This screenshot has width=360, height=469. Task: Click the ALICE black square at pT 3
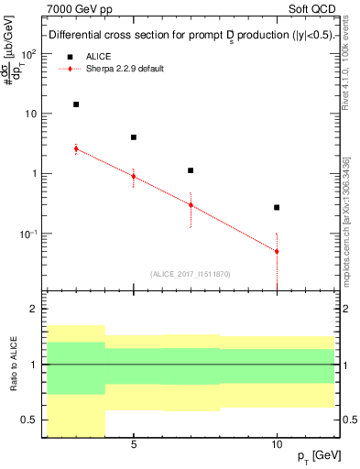[x=76, y=104]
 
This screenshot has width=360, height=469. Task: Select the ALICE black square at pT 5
[x=134, y=137]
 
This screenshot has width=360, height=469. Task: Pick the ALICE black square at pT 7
[x=191, y=170]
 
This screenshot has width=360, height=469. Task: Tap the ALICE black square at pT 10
[x=277, y=208]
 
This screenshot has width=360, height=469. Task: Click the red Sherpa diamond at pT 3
[x=76, y=148]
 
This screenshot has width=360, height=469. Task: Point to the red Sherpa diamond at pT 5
[x=134, y=176]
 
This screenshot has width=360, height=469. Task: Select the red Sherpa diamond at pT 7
[x=191, y=205]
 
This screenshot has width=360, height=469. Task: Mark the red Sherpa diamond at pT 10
[x=277, y=251]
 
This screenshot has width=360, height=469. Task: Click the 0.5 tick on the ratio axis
[x=28, y=420]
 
